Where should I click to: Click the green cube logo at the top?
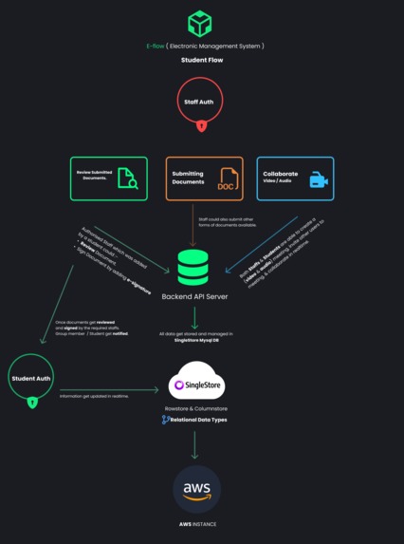[x=200, y=23]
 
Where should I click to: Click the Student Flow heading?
[x=201, y=60]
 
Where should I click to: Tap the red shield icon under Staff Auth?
[x=201, y=124]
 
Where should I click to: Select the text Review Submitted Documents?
[x=93, y=177]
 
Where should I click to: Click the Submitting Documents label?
[x=189, y=177]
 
